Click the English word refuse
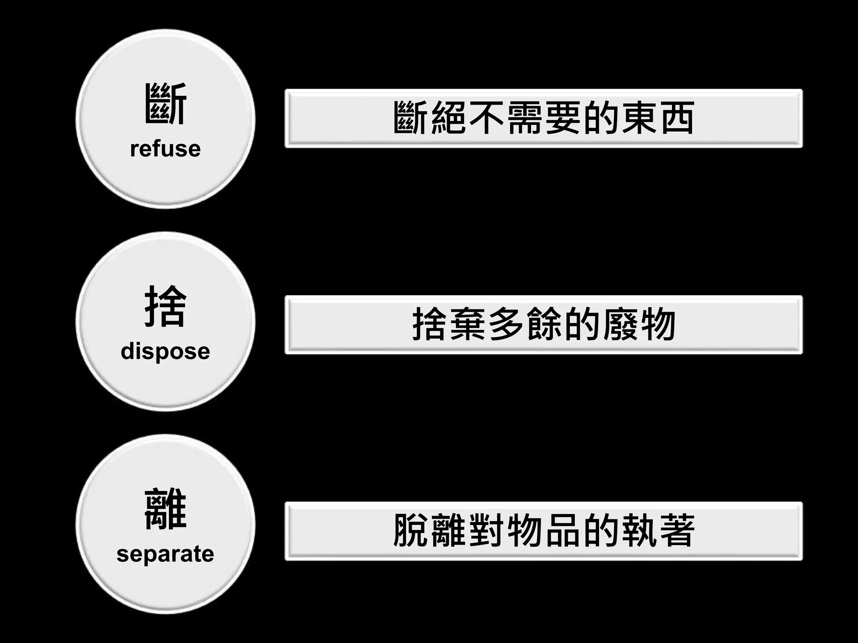tap(165, 149)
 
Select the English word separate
tap(165, 553)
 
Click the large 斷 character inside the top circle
tap(165, 103)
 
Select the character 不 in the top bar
tap(486, 118)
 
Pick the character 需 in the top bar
tap(525, 118)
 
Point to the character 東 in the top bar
tap(639, 118)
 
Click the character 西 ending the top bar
tap(677, 118)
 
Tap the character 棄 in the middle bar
tap(468, 324)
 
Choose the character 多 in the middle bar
tap(506, 324)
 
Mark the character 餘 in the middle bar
tap(544, 324)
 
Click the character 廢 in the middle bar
tap(620, 324)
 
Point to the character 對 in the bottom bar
tap(486, 530)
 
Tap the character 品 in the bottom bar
tap(563, 530)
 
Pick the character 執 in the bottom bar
tap(639, 530)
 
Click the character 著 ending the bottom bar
tap(677, 530)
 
